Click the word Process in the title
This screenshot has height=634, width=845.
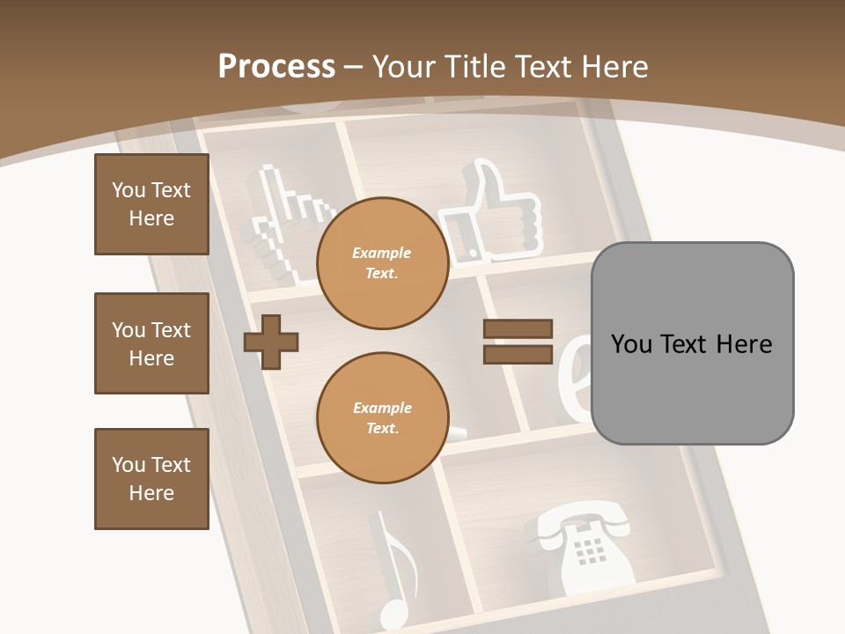click(x=276, y=67)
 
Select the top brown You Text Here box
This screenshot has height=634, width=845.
click(x=151, y=204)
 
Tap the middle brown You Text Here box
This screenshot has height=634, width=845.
click(x=151, y=343)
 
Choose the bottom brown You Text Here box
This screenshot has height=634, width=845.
click(x=151, y=478)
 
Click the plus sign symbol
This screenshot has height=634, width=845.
click(x=271, y=342)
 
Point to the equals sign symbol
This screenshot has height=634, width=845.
click(x=518, y=342)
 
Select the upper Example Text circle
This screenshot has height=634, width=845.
click(x=382, y=263)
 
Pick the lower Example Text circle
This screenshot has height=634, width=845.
click(x=382, y=418)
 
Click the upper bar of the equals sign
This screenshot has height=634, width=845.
click(x=518, y=328)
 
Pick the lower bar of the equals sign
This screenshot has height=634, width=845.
click(x=518, y=355)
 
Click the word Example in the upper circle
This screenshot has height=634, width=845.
click(x=382, y=254)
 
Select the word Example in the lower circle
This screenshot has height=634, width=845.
click(x=382, y=409)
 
